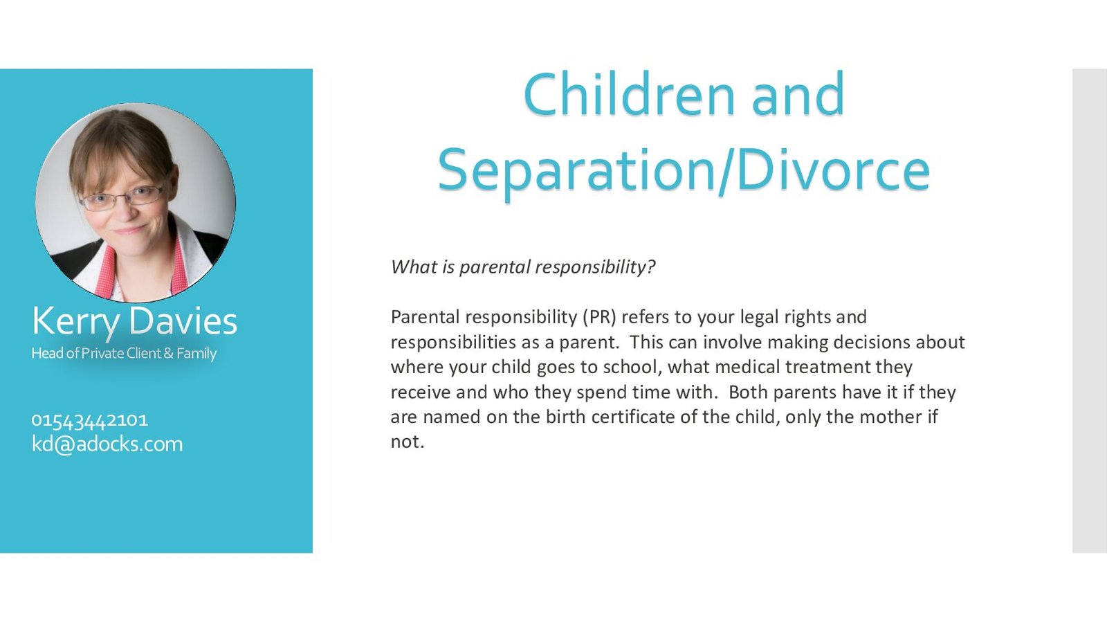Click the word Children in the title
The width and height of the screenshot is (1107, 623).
[630, 93]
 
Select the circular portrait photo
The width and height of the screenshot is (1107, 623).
[136, 203]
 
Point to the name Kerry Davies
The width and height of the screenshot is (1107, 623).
[134, 321]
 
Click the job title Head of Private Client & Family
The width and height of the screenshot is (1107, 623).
[124, 354]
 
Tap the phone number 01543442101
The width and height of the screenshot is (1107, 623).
[89, 420]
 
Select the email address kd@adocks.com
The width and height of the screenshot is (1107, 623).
[107, 444]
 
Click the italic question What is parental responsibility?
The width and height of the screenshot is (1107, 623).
[523, 267]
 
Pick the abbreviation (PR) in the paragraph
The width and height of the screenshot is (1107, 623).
[599, 317]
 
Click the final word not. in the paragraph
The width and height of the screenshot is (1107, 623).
[408, 442]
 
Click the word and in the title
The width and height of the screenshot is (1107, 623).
[798, 93]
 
